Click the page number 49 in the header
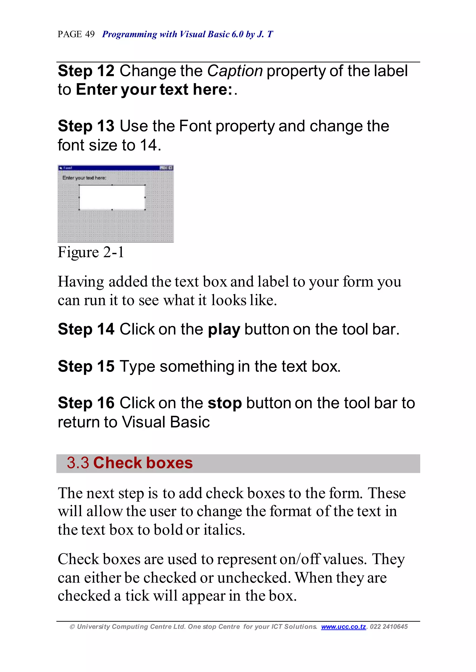(x=90, y=34)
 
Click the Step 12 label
(x=86, y=71)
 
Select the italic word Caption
(x=235, y=71)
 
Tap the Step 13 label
(x=86, y=126)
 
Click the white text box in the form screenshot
(x=112, y=197)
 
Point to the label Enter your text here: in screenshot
(x=84, y=178)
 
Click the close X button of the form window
(x=171, y=168)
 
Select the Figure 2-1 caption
(x=91, y=252)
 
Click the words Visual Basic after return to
(x=166, y=422)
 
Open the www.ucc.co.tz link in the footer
(x=343, y=627)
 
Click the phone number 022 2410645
(x=389, y=627)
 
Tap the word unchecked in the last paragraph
(x=254, y=578)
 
